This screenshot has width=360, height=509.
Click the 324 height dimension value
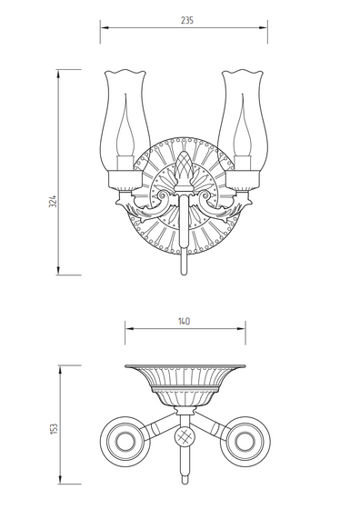pyautogui.click(x=53, y=202)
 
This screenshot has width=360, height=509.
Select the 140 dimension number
pyautogui.click(x=184, y=322)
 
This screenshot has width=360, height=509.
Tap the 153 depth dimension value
pyautogui.click(x=55, y=428)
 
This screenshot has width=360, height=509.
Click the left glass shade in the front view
pyautogui.click(x=125, y=120)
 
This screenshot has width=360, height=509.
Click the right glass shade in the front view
pyautogui.click(x=243, y=120)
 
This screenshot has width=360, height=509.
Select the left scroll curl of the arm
pyautogui.click(x=163, y=195)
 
